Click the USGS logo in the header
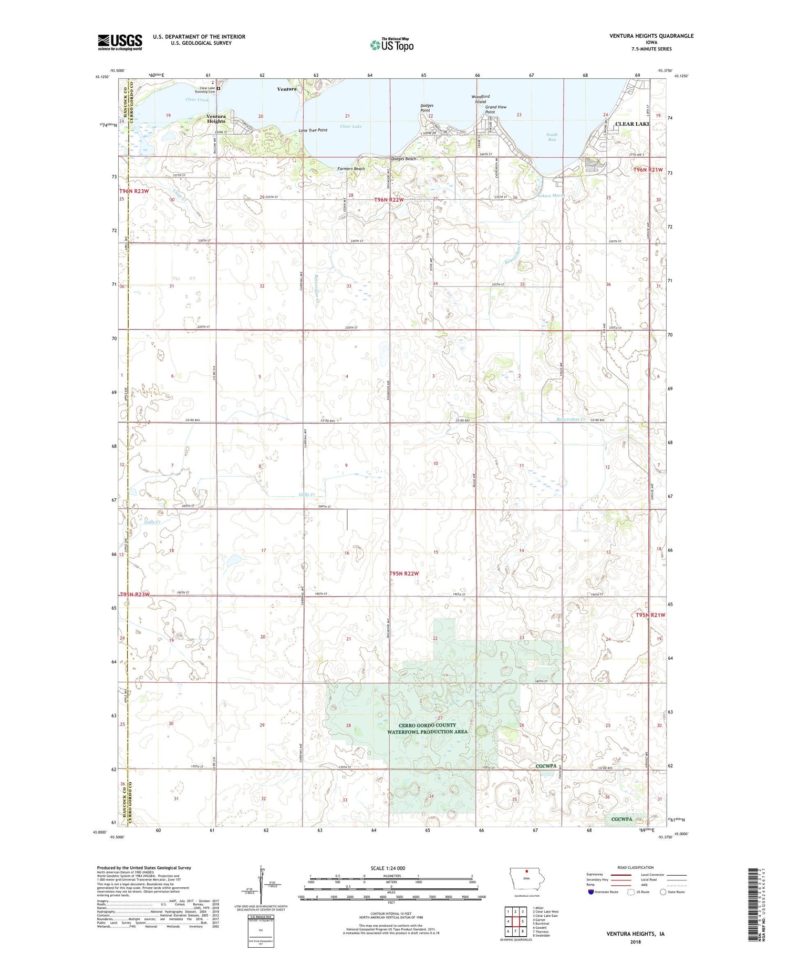click(120, 42)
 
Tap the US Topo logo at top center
click(392, 45)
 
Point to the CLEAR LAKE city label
click(633, 124)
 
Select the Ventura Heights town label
click(216, 119)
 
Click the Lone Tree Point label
click(313, 130)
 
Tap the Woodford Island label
click(481, 99)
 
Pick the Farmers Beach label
click(351, 169)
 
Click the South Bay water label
click(552, 137)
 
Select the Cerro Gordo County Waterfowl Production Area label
click(427, 728)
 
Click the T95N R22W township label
click(404, 573)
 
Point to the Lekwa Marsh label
click(552, 196)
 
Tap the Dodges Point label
click(426, 108)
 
